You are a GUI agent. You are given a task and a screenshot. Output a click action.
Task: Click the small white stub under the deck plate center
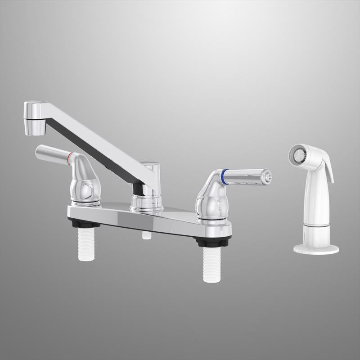(145, 234)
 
